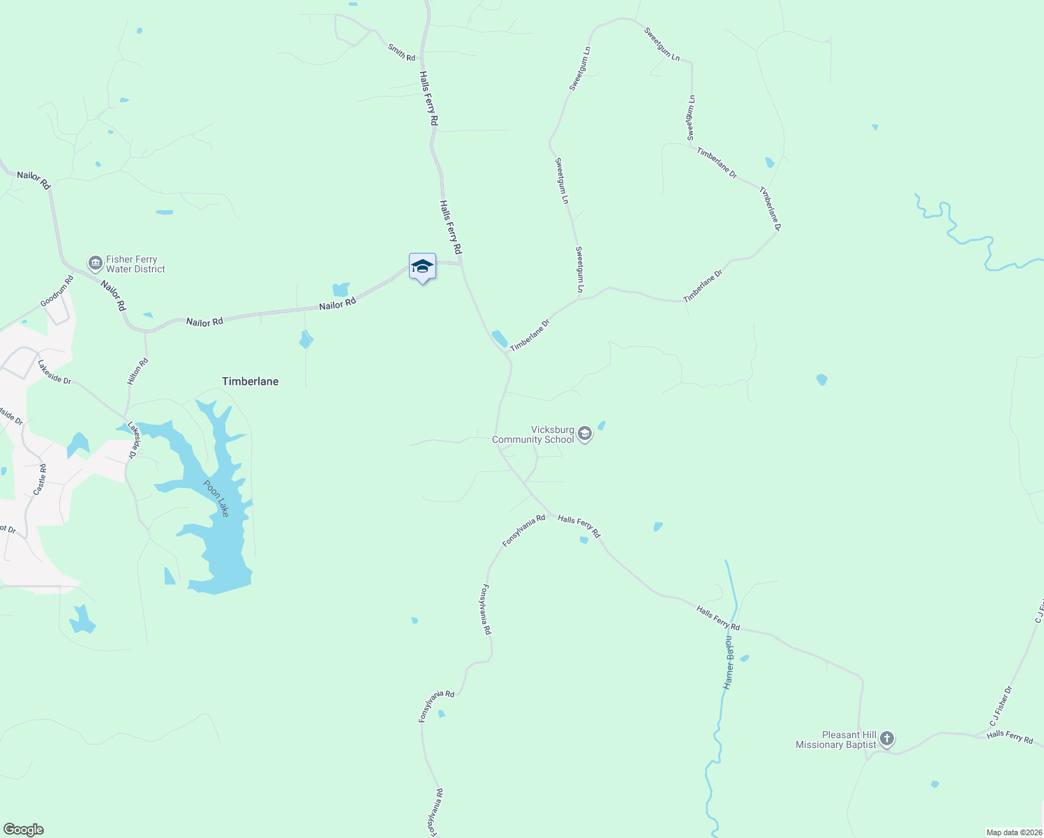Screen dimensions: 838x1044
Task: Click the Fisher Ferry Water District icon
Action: pyautogui.click(x=95, y=263)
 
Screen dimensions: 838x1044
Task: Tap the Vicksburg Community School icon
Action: pyautogui.click(x=585, y=434)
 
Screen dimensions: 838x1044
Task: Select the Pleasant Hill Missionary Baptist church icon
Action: pyautogui.click(x=886, y=739)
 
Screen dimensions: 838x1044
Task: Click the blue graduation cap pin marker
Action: pyautogui.click(x=422, y=267)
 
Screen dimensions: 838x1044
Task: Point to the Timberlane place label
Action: pyautogui.click(x=250, y=381)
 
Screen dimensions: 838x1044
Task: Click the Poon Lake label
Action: pyautogui.click(x=216, y=498)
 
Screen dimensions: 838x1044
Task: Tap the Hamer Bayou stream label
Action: pyautogui.click(x=729, y=662)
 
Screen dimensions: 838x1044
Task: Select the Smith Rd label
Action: pyautogui.click(x=401, y=52)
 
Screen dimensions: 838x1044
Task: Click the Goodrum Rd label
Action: pyautogui.click(x=57, y=292)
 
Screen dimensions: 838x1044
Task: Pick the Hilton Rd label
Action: pyautogui.click(x=137, y=372)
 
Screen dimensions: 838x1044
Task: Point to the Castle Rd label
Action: pyautogui.click(x=40, y=480)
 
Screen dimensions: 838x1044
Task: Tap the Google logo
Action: pyautogui.click(x=23, y=830)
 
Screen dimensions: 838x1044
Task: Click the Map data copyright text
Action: pyautogui.click(x=1013, y=832)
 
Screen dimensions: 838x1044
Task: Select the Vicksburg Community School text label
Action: pyautogui.click(x=533, y=434)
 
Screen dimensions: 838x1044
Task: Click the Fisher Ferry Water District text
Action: pyautogui.click(x=135, y=264)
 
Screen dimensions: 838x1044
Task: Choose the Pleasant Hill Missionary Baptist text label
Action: pyautogui.click(x=836, y=740)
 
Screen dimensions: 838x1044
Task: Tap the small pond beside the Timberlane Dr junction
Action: pyautogui.click(x=500, y=339)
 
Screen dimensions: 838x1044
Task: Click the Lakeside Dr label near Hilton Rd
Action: pyautogui.click(x=54, y=372)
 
